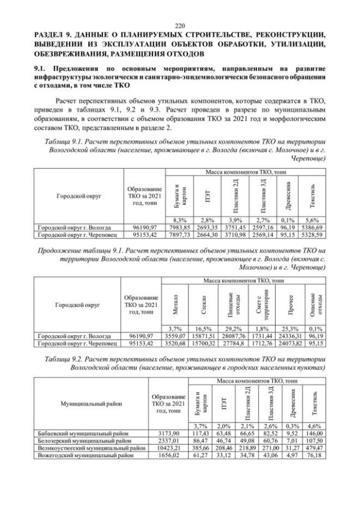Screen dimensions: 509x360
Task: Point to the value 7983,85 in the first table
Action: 177,227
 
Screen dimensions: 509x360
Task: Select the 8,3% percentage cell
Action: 177,220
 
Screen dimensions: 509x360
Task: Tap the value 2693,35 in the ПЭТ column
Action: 201,227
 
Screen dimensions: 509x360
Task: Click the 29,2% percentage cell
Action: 231,328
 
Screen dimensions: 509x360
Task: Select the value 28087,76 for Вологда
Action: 231,335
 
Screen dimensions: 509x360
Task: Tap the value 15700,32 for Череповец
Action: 201,342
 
